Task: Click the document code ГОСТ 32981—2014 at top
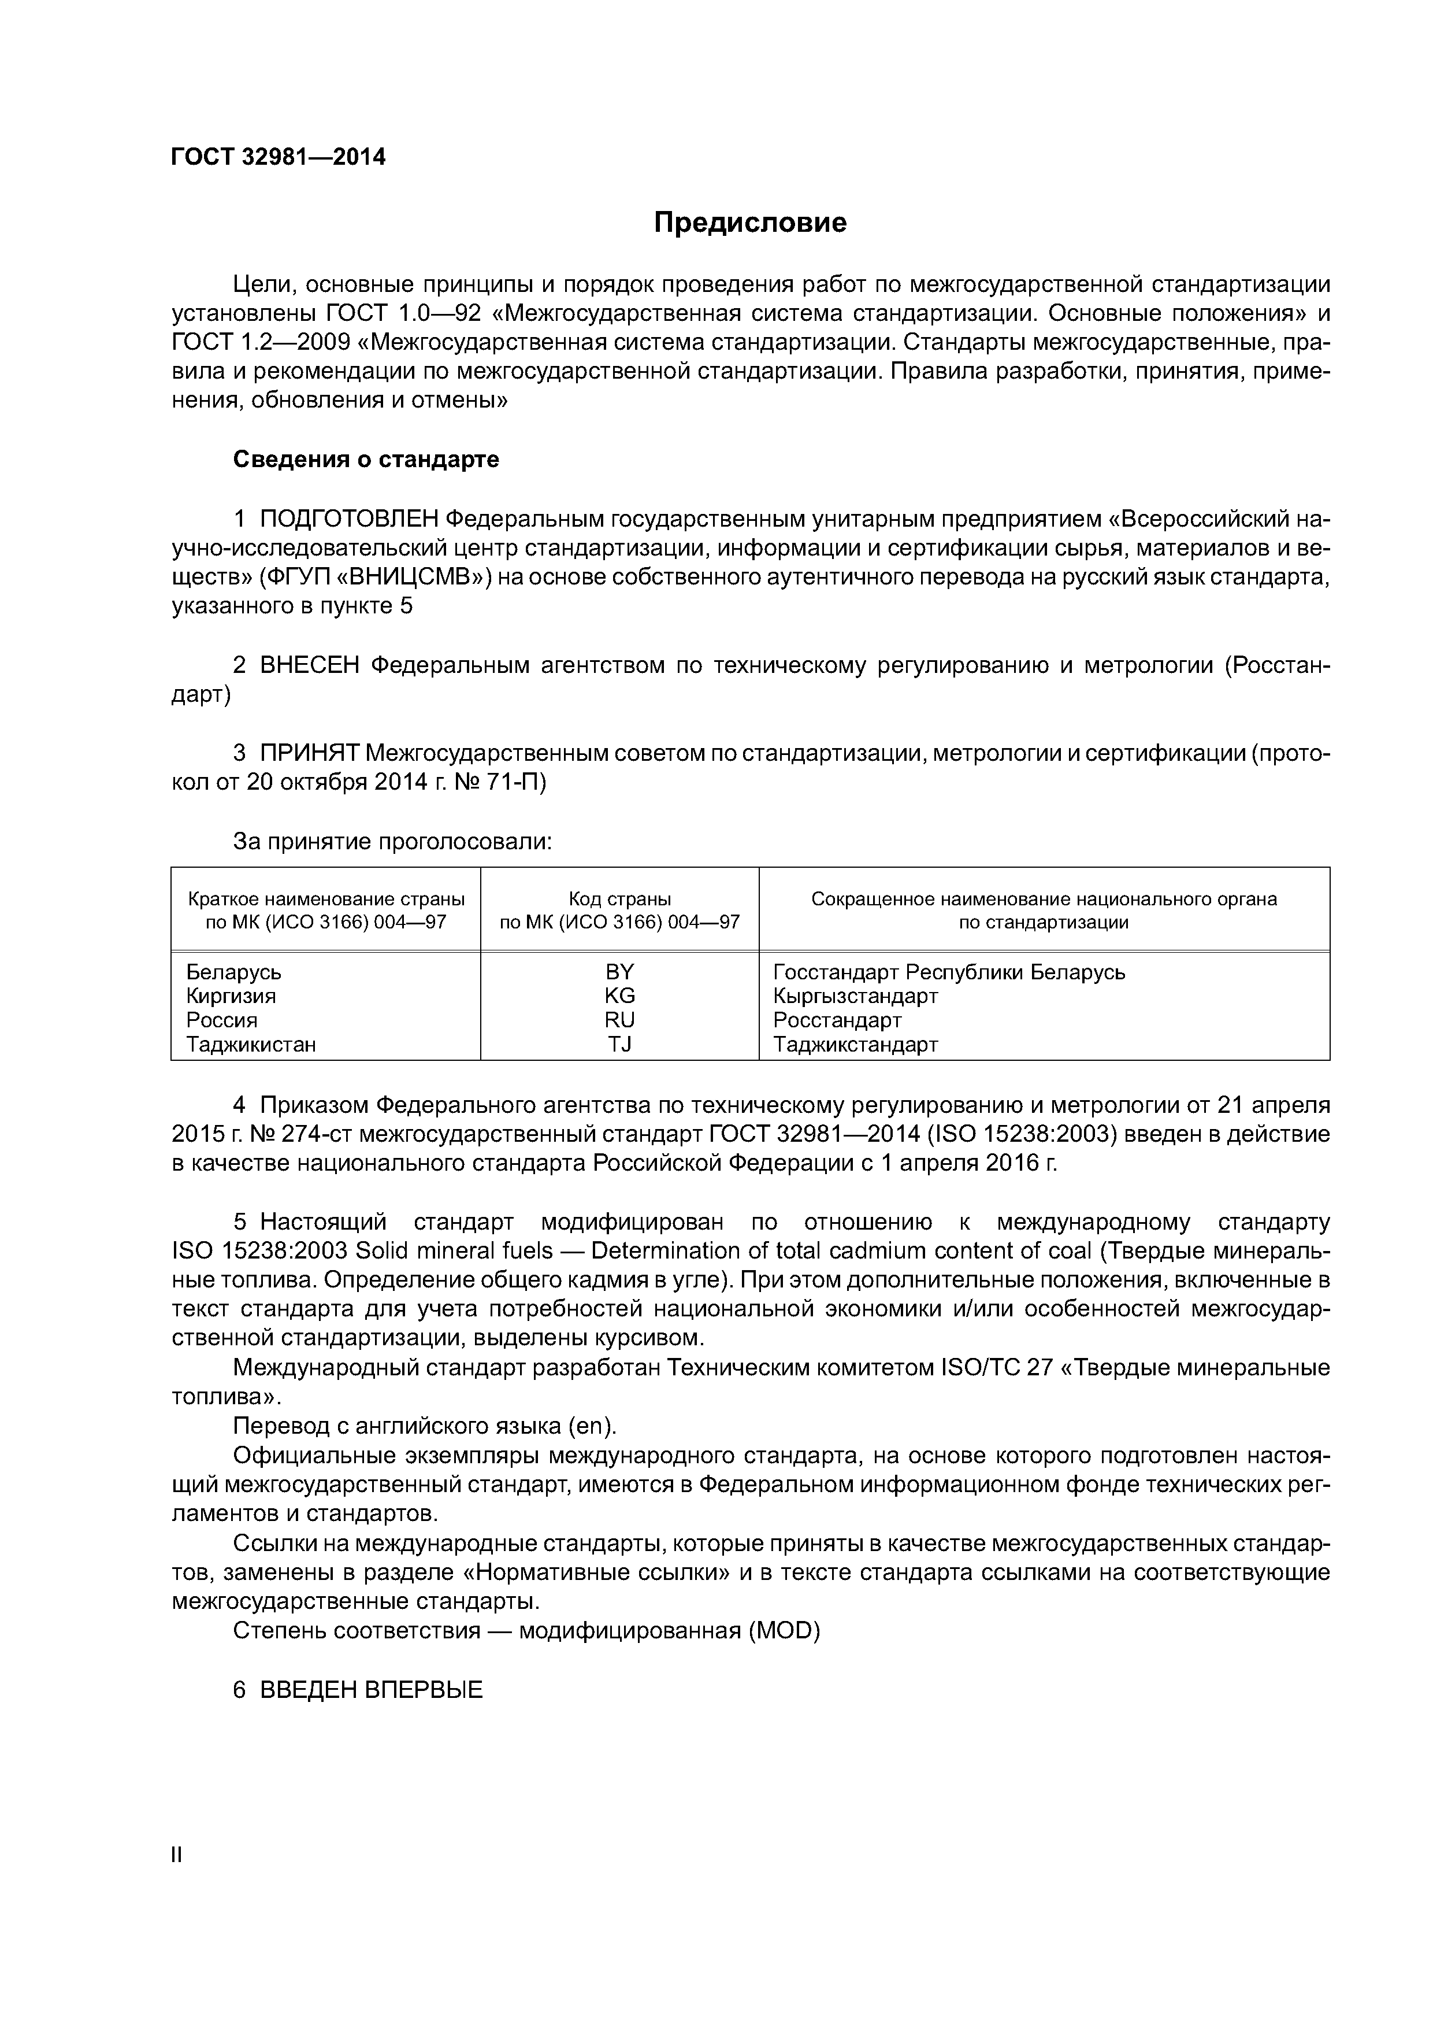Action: tap(278, 157)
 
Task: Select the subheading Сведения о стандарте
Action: tap(366, 459)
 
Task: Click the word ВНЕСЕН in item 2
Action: tap(309, 665)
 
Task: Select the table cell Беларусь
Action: tap(234, 972)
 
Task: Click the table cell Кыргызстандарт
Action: tap(855, 996)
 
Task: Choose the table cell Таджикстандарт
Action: tap(855, 1044)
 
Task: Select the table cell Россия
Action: tap(222, 1020)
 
